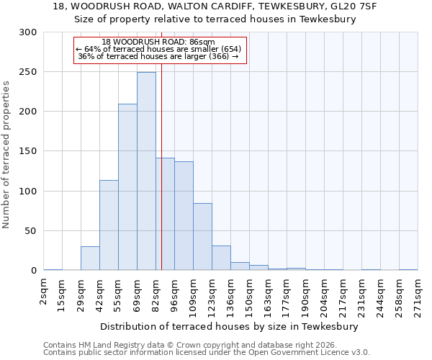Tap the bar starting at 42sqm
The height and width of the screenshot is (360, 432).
[109, 225]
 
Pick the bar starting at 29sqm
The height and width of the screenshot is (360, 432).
[90, 258]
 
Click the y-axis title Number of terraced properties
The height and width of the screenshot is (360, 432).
[6, 155]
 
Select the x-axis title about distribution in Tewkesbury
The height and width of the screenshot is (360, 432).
[230, 326]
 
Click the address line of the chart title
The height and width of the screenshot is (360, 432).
[215, 6]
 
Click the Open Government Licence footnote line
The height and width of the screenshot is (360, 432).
[207, 352]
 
